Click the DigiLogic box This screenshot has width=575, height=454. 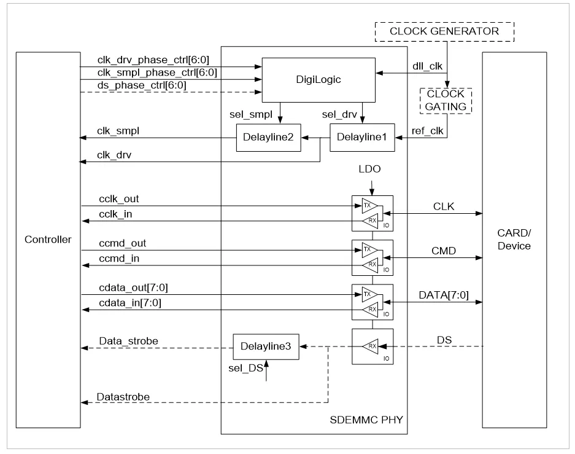click(x=318, y=80)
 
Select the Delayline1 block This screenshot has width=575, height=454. click(x=362, y=138)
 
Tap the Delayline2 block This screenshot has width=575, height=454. click(x=268, y=138)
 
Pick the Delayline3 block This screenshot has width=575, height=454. click(x=266, y=346)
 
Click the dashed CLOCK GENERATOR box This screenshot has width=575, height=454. click(x=444, y=31)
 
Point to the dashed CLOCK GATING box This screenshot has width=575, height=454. click(x=446, y=101)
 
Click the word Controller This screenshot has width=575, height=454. click(x=48, y=240)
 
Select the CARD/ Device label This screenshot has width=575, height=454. click(x=514, y=240)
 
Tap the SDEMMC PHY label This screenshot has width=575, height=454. click(x=366, y=420)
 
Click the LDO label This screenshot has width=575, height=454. click(x=369, y=169)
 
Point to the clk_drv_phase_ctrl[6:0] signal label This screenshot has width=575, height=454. click(x=153, y=60)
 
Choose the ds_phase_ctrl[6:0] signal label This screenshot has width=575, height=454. click(x=142, y=85)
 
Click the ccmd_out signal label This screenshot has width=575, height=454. click(x=123, y=243)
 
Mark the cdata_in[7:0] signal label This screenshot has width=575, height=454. click(x=130, y=303)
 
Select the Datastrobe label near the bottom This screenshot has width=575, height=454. click(x=123, y=397)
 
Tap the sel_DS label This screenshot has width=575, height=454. click(x=245, y=368)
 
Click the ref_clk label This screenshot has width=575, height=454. click(x=428, y=131)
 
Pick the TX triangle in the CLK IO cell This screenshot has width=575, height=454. click(x=369, y=206)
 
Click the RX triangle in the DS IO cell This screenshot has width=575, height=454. click(x=371, y=346)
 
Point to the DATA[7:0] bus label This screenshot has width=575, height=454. click(x=444, y=295)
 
